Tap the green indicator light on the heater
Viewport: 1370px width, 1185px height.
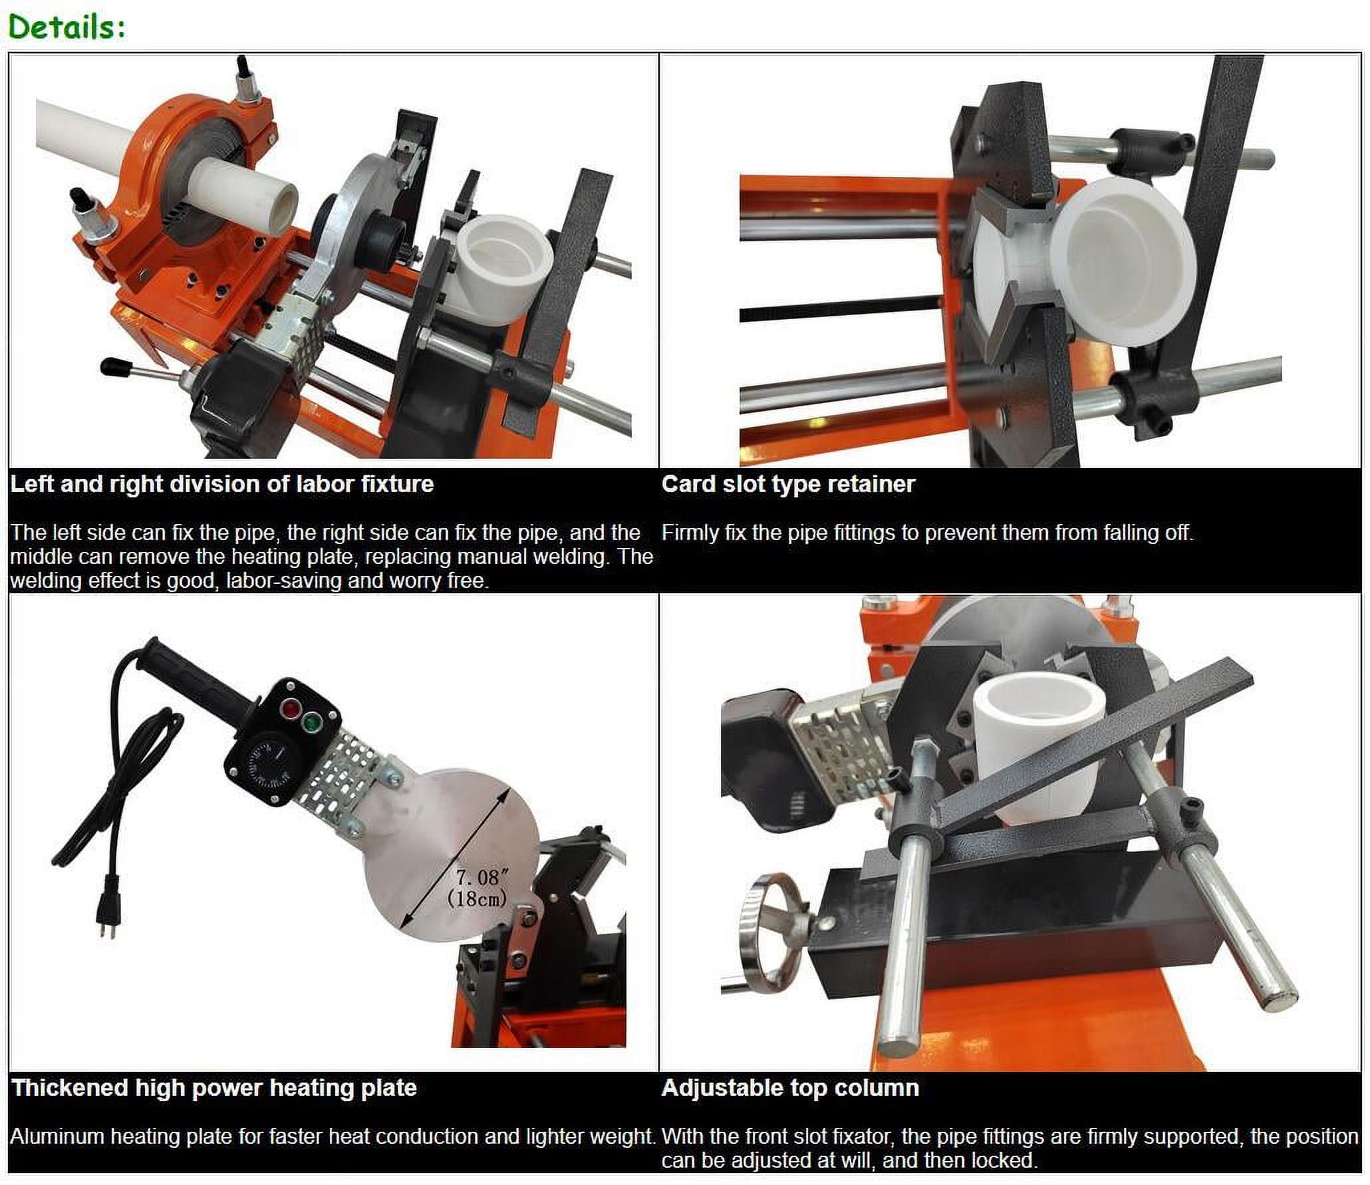pyautogui.click(x=310, y=722)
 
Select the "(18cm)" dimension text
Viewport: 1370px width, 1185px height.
pyautogui.click(x=477, y=898)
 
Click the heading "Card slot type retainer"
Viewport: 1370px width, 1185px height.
pyautogui.click(x=788, y=484)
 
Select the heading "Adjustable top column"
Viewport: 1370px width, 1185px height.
pyautogui.click(x=791, y=1088)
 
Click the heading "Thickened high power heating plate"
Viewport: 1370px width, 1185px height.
pyautogui.click(x=214, y=1088)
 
